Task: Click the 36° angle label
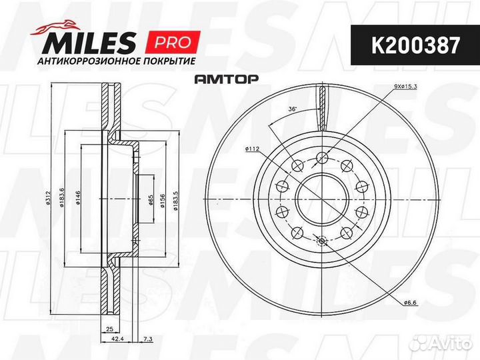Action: click(x=291, y=109)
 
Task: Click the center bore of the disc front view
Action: click(x=321, y=199)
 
